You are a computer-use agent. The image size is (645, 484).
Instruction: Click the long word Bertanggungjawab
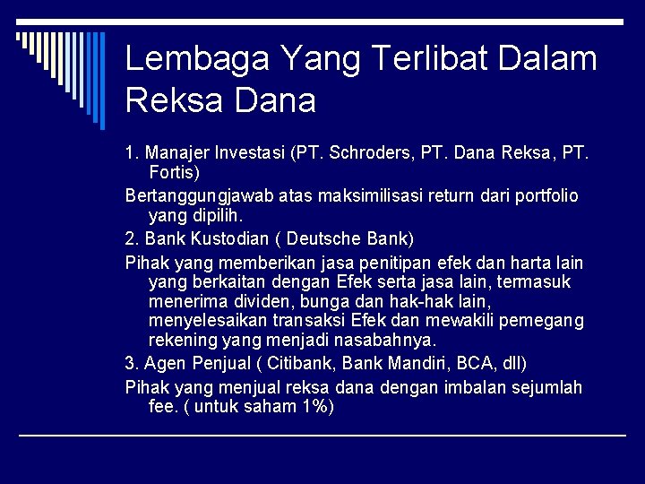coord(188,195)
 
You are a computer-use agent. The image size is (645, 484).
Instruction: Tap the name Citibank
coord(305,364)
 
